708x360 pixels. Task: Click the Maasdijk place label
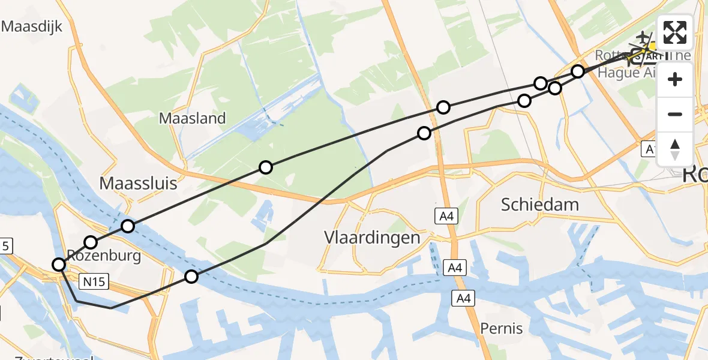[x=32, y=26]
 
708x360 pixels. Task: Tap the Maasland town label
[x=192, y=118]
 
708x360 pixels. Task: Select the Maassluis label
[x=138, y=183]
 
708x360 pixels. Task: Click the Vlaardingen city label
[x=372, y=237]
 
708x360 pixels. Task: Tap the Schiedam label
[x=540, y=205]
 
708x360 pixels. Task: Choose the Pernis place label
[x=501, y=328]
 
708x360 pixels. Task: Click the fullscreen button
[x=675, y=32]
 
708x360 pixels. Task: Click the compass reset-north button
[x=675, y=148]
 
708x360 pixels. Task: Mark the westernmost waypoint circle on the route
[x=59, y=264]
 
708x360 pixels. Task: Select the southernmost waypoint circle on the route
[x=191, y=277]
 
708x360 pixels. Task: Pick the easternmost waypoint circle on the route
[x=577, y=72]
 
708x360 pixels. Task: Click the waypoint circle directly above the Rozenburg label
[x=91, y=242]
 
